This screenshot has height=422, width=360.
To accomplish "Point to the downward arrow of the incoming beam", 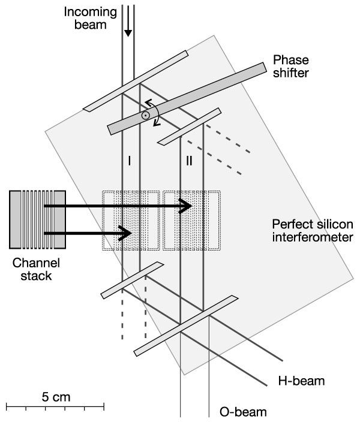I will click(x=127, y=30).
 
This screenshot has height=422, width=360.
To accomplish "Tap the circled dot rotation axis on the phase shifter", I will click(x=145, y=114).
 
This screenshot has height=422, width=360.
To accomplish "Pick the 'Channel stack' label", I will click(x=37, y=270).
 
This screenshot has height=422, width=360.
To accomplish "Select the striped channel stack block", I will click(x=38, y=219).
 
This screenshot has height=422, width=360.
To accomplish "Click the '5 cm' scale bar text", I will click(x=55, y=397).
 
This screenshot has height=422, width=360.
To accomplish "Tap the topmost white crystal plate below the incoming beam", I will click(x=136, y=80).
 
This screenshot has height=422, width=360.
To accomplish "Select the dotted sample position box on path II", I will click(x=192, y=221).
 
